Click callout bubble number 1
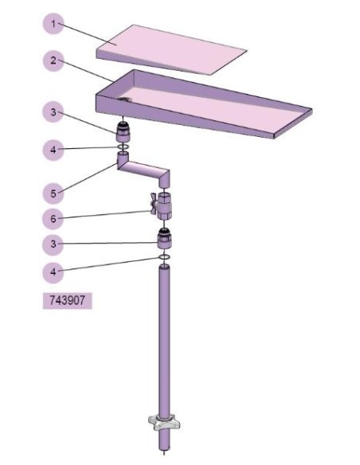[53, 23]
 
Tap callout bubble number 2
[53, 61]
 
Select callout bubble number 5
[53, 193]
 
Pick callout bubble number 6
[53, 219]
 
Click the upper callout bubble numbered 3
[53, 111]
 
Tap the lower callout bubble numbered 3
[53, 244]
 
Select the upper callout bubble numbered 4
[53, 150]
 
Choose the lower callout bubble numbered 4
[53, 272]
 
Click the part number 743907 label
[68, 301]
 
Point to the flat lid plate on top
[171, 49]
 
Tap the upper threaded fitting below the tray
[123, 131]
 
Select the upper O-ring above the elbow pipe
[123, 147]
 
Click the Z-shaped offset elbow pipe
[143, 170]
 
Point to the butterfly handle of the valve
[154, 203]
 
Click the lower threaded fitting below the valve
[165, 238]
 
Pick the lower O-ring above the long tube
[165, 257]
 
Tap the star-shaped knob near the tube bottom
[164, 423]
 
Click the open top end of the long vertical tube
[165, 268]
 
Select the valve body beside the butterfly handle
[165, 205]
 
